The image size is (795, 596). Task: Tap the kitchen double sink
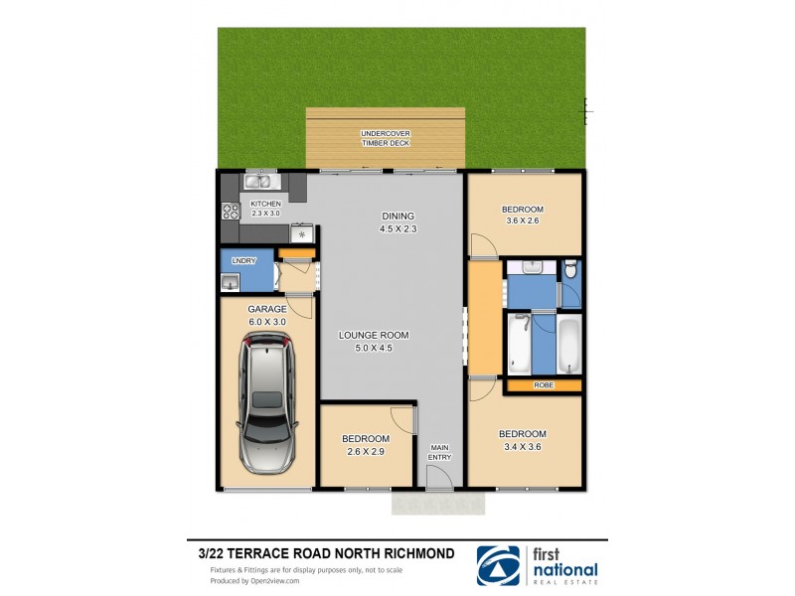[x=260, y=181]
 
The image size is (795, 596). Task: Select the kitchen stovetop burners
[x=229, y=211]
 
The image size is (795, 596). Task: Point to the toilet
[x=569, y=270]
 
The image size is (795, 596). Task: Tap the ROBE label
[x=543, y=385]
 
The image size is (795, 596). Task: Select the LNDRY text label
[x=243, y=260]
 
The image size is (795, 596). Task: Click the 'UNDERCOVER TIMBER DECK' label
[x=386, y=138]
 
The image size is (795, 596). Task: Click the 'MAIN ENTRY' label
[x=439, y=452]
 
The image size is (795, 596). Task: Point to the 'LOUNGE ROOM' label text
[x=374, y=336]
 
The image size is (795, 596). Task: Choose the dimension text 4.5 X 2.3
[x=397, y=229]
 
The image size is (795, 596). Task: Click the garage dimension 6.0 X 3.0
[x=266, y=322]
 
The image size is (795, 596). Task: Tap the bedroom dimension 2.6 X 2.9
[x=366, y=452]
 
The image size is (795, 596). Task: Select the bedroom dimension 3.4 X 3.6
[x=523, y=447]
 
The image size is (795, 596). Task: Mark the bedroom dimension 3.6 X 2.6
[x=523, y=222]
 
